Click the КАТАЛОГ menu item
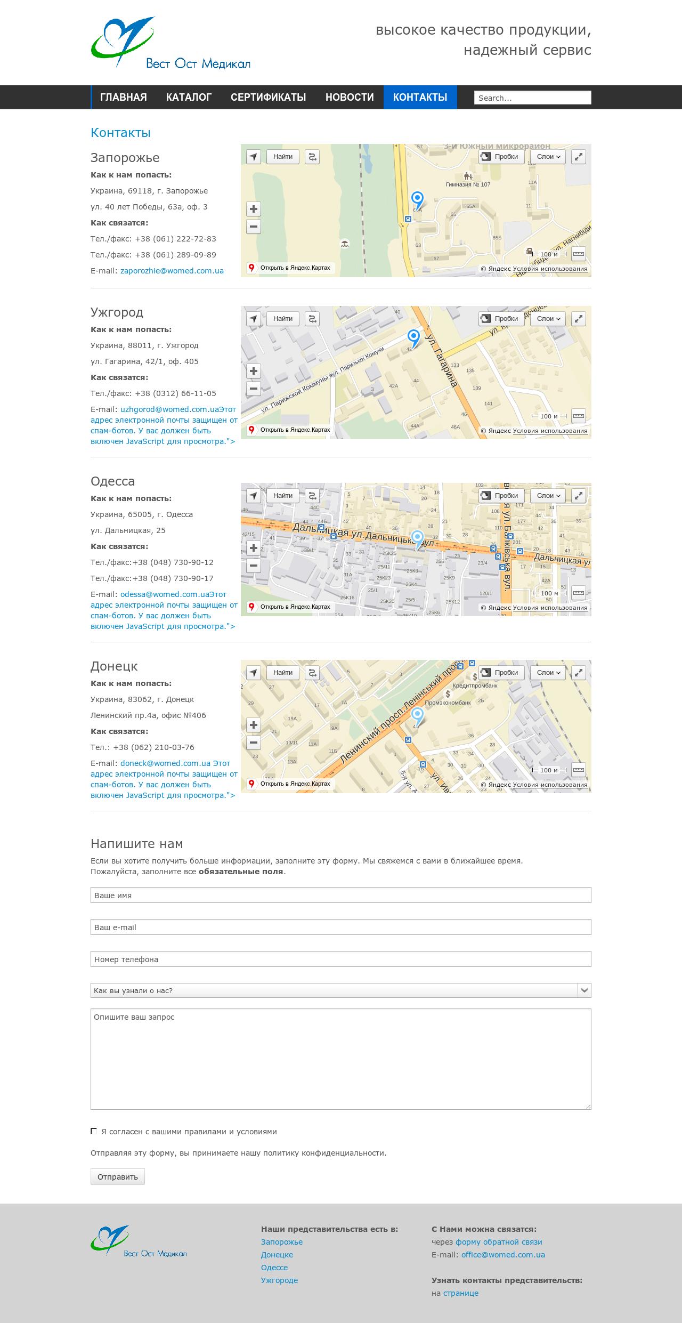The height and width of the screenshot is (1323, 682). [189, 97]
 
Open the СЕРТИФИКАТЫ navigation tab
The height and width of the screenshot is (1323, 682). [268, 97]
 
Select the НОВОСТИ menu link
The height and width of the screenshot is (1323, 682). [350, 97]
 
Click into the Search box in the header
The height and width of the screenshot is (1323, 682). [532, 98]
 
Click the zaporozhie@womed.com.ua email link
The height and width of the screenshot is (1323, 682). [172, 271]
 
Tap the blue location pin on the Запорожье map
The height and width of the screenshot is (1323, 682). [418, 200]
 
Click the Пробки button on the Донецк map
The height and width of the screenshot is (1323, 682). [501, 672]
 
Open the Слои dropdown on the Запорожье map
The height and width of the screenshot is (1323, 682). [548, 156]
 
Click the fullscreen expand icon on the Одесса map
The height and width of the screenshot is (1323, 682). [579, 495]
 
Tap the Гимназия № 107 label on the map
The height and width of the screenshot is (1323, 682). [468, 184]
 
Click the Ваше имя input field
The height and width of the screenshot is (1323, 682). [340, 895]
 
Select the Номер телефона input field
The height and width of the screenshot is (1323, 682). [340, 959]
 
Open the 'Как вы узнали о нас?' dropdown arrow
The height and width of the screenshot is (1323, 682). [584, 990]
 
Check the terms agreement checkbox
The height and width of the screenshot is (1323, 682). [94, 1131]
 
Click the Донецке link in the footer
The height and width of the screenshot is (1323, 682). [277, 1254]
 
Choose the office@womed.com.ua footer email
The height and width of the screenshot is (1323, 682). [503, 1254]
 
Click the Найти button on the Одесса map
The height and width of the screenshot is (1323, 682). [282, 495]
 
